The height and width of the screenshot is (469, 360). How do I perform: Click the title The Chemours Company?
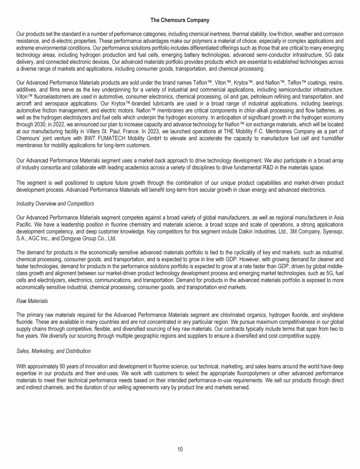pyautogui.click(x=180, y=20)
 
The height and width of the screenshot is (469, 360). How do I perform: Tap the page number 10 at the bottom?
pyautogui.click(x=180, y=449)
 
